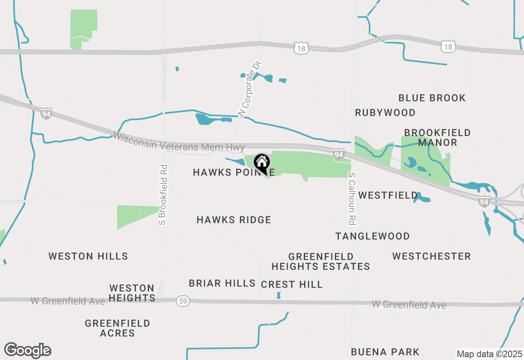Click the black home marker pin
click(262, 163)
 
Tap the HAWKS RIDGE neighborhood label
click(234, 220)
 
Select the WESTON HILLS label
click(88, 256)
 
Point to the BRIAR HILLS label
click(222, 283)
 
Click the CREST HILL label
click(292, 284)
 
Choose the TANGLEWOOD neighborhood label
click(373, 236)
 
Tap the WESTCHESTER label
click(431, 256)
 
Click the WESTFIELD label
click(388, 196)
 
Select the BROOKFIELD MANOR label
click(437, 138)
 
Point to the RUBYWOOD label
click(385, 112)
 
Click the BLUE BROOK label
click(432, 98)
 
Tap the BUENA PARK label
click(385, 352)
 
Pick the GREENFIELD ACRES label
click(117, 328)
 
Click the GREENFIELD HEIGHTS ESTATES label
click(321, 261)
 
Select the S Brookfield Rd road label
click(163, 195)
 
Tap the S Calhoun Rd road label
click(352, 198)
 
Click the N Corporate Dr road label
click(249, 89)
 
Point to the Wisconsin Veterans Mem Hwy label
click(179, 142)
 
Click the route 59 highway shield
click(183, 301)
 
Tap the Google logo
click(27, 350)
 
